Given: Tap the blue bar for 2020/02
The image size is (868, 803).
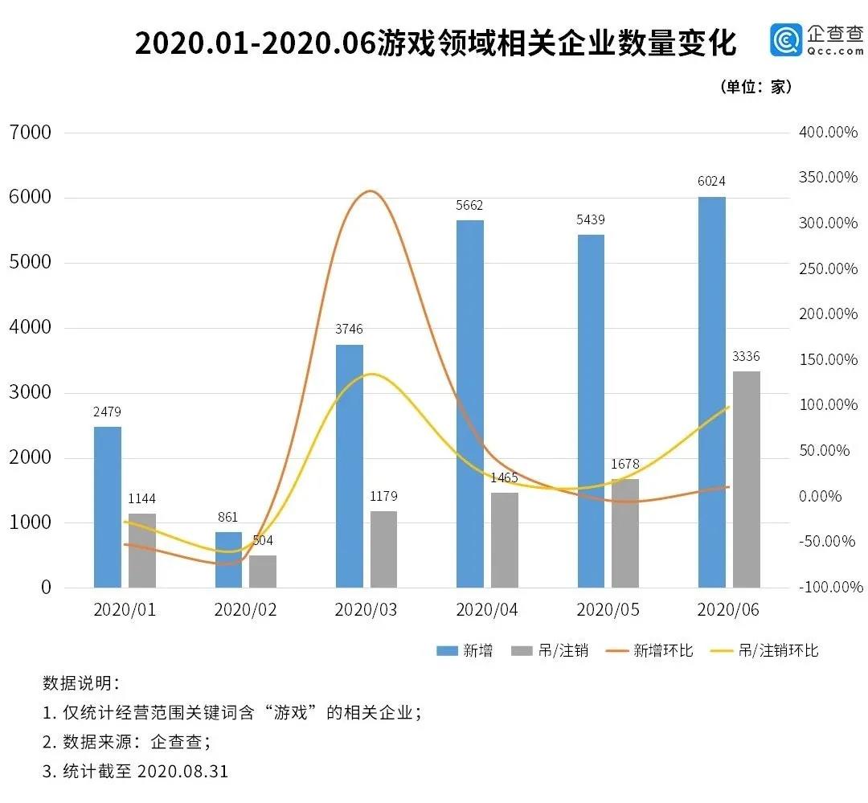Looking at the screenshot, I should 228,559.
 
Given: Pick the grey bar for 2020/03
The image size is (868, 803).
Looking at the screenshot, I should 383,549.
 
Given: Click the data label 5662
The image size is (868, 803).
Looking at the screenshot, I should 470,205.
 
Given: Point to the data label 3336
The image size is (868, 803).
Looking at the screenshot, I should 746,356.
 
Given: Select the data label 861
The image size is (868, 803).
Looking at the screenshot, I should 228,517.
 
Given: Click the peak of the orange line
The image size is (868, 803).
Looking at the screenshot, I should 369,191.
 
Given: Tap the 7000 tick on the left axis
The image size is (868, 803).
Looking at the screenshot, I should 30,132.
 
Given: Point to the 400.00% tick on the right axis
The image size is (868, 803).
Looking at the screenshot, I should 828,132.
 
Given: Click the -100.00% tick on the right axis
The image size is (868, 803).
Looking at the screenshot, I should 828,588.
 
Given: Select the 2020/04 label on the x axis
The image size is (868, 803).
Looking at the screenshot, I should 487,610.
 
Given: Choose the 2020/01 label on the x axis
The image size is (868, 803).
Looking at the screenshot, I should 125,610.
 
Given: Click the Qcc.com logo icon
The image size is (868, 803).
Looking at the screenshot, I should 786,39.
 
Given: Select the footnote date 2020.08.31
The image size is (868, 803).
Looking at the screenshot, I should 182,772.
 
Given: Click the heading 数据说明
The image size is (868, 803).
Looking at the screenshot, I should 80,683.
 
